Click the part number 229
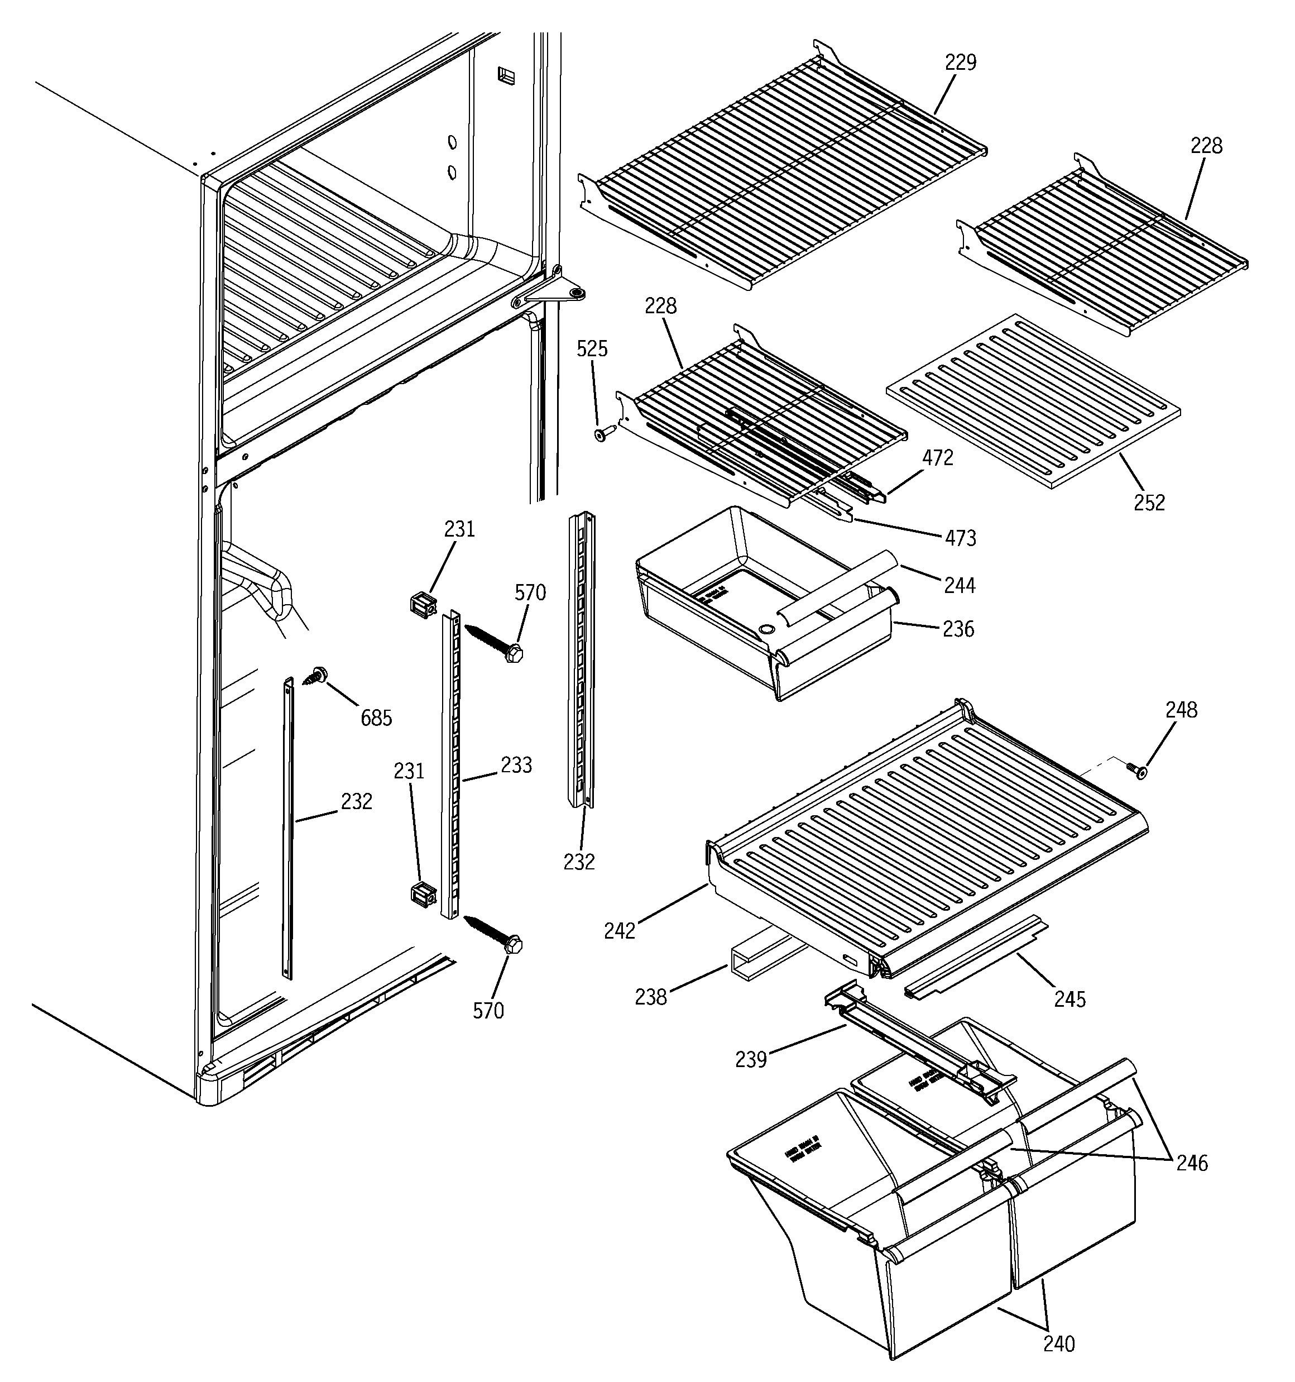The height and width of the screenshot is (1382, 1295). pyautogui.click(x=960, y=63)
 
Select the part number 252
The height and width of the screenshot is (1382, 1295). pyautogui.click(x=1149, y=503)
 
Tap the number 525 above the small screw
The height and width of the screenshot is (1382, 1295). pyautogui.click(x=592, y=349)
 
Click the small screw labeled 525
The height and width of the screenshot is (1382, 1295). pyautogui.click(x=603, y=434)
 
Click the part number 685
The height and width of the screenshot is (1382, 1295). pyautogui.click(x=376, y=718)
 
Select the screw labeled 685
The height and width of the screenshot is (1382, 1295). pyautogui.click(x=317, y=675)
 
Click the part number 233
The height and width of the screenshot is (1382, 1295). pyautogui.click(x=516, y=766)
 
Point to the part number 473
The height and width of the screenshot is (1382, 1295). pyautogui.click(x=961, y=538)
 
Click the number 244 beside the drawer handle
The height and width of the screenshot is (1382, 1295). pyautogui.click(x=960, y=585)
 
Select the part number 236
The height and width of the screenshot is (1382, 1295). pyautogui.click(x=958, y=629)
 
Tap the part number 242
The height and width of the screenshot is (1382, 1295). pyautogui.click(x=620, y=931)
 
